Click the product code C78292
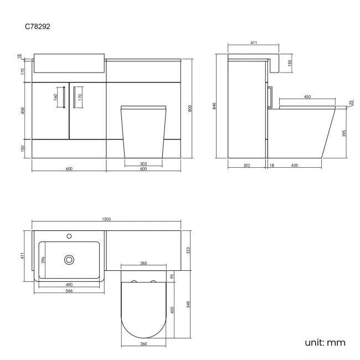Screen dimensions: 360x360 38,26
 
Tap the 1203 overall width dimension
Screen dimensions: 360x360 106,219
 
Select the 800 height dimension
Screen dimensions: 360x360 190,109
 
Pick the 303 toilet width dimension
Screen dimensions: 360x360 143,164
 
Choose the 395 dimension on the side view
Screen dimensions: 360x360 344,134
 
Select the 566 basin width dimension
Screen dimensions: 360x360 69,290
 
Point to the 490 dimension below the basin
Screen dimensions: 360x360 69,284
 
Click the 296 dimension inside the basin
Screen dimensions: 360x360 43,259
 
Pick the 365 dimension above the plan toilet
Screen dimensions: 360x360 143,264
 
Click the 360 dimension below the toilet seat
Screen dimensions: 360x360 143,344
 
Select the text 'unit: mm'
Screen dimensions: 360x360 325,342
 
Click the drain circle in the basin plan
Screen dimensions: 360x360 69,259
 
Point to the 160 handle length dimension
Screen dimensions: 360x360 55,97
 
